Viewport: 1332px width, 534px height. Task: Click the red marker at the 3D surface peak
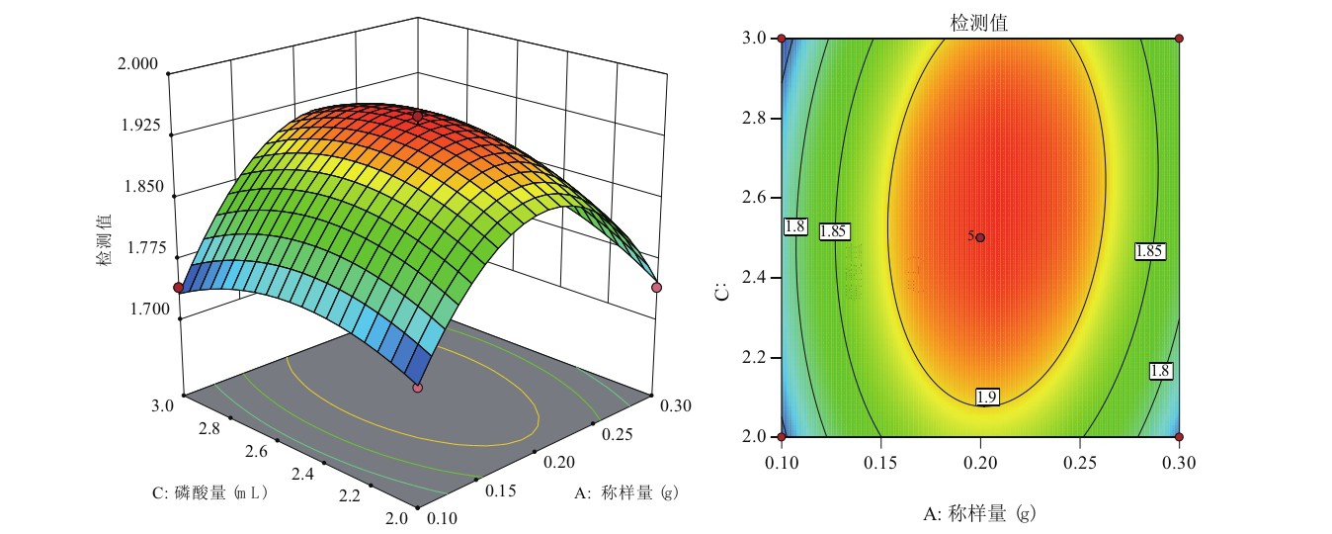click(418, 117)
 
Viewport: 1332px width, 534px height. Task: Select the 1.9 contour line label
click(986, 397)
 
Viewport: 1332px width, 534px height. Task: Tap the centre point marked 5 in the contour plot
click(980, 237)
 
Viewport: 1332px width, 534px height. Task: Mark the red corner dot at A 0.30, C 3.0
click(1179, 39)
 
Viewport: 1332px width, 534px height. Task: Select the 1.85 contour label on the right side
click(1148, 251)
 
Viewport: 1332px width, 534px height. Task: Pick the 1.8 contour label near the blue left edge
click(794, 226)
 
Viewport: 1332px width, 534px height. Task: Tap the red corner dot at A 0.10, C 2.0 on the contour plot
click(782, 436)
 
